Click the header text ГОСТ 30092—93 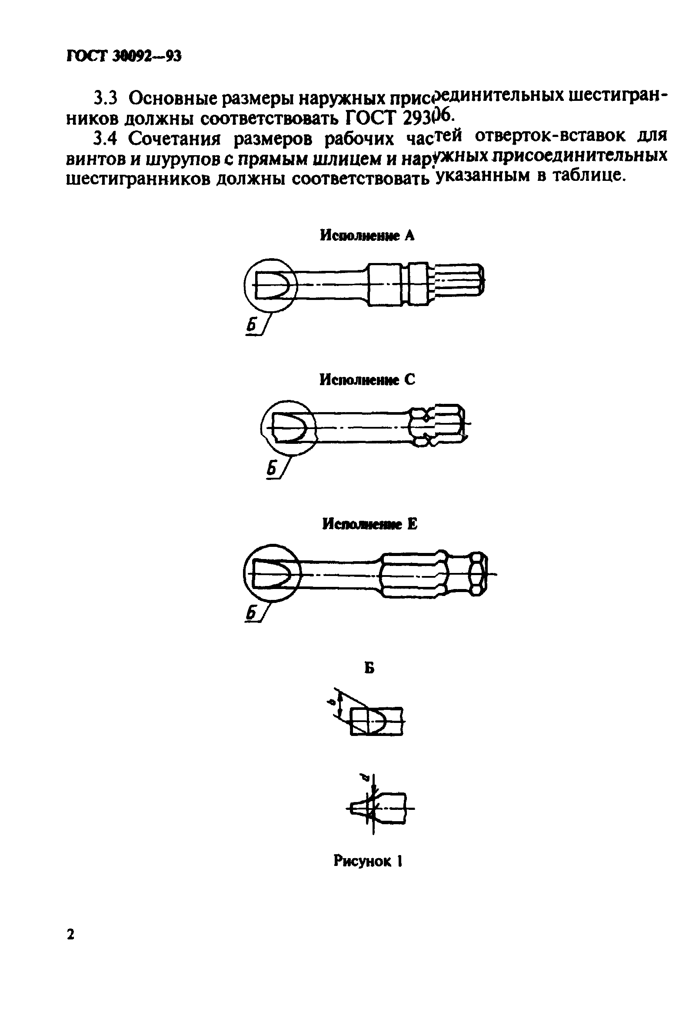124,57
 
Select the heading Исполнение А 367,236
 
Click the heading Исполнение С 367,380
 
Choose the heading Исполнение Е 369,524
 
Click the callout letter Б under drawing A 252,326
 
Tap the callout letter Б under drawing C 271,469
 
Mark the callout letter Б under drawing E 251,613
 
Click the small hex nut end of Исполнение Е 478,574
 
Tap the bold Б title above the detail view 369,667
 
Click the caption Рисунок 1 368,861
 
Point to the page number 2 70,934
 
